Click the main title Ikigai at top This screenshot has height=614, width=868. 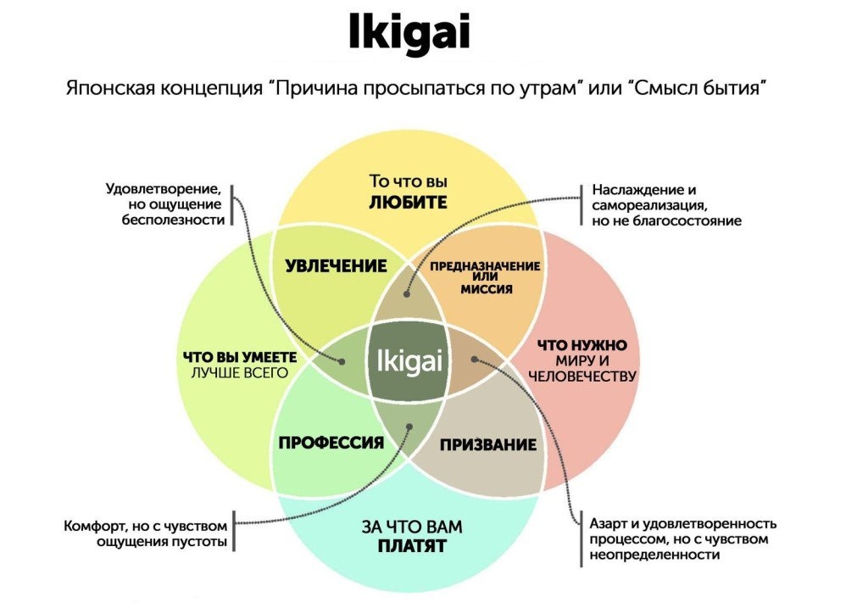pyautogui.click(x=409, y=35)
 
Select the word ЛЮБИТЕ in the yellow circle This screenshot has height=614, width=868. pyautogui.click(x=408, y=203)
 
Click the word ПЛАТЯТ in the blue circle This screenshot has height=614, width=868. pyautogui.click(x=412, y=547)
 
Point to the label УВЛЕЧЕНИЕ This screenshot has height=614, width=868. pyautogui.click(x=336, y=266)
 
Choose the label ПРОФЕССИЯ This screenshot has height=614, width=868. pyautogui.click(x=331, y=443)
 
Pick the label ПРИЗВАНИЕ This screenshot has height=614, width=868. pyautogui.click(x=488, y=444)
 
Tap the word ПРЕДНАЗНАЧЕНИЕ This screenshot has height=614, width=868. pyautogui.click(x=485, y=266)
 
